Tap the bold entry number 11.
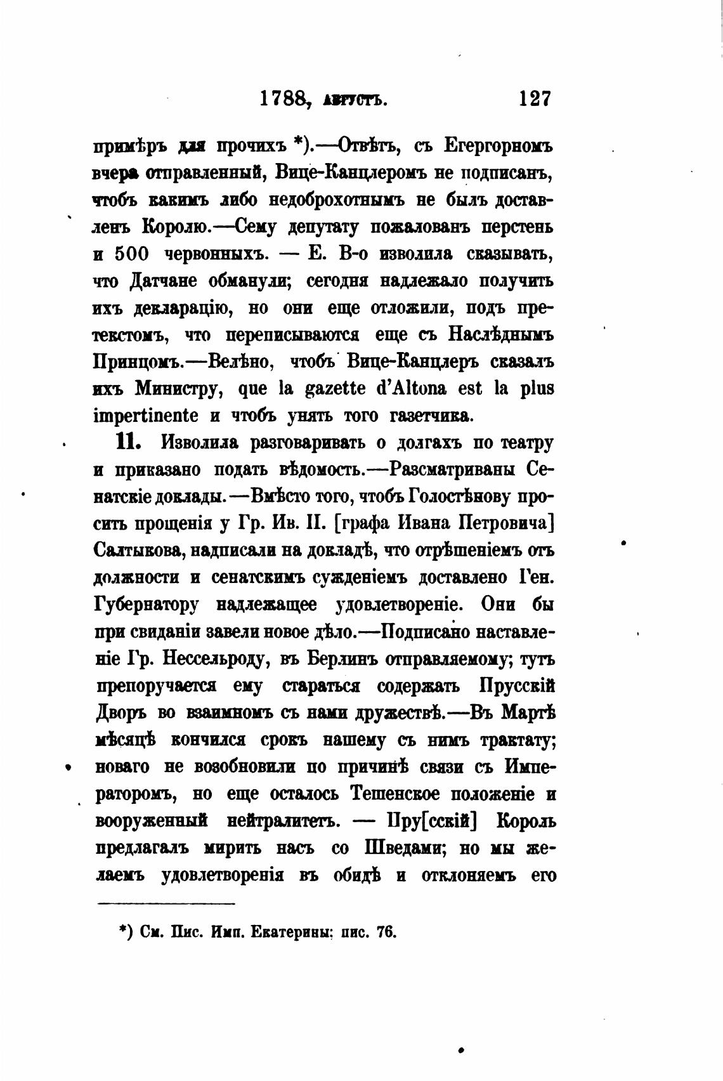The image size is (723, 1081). [x=127, y=442]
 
